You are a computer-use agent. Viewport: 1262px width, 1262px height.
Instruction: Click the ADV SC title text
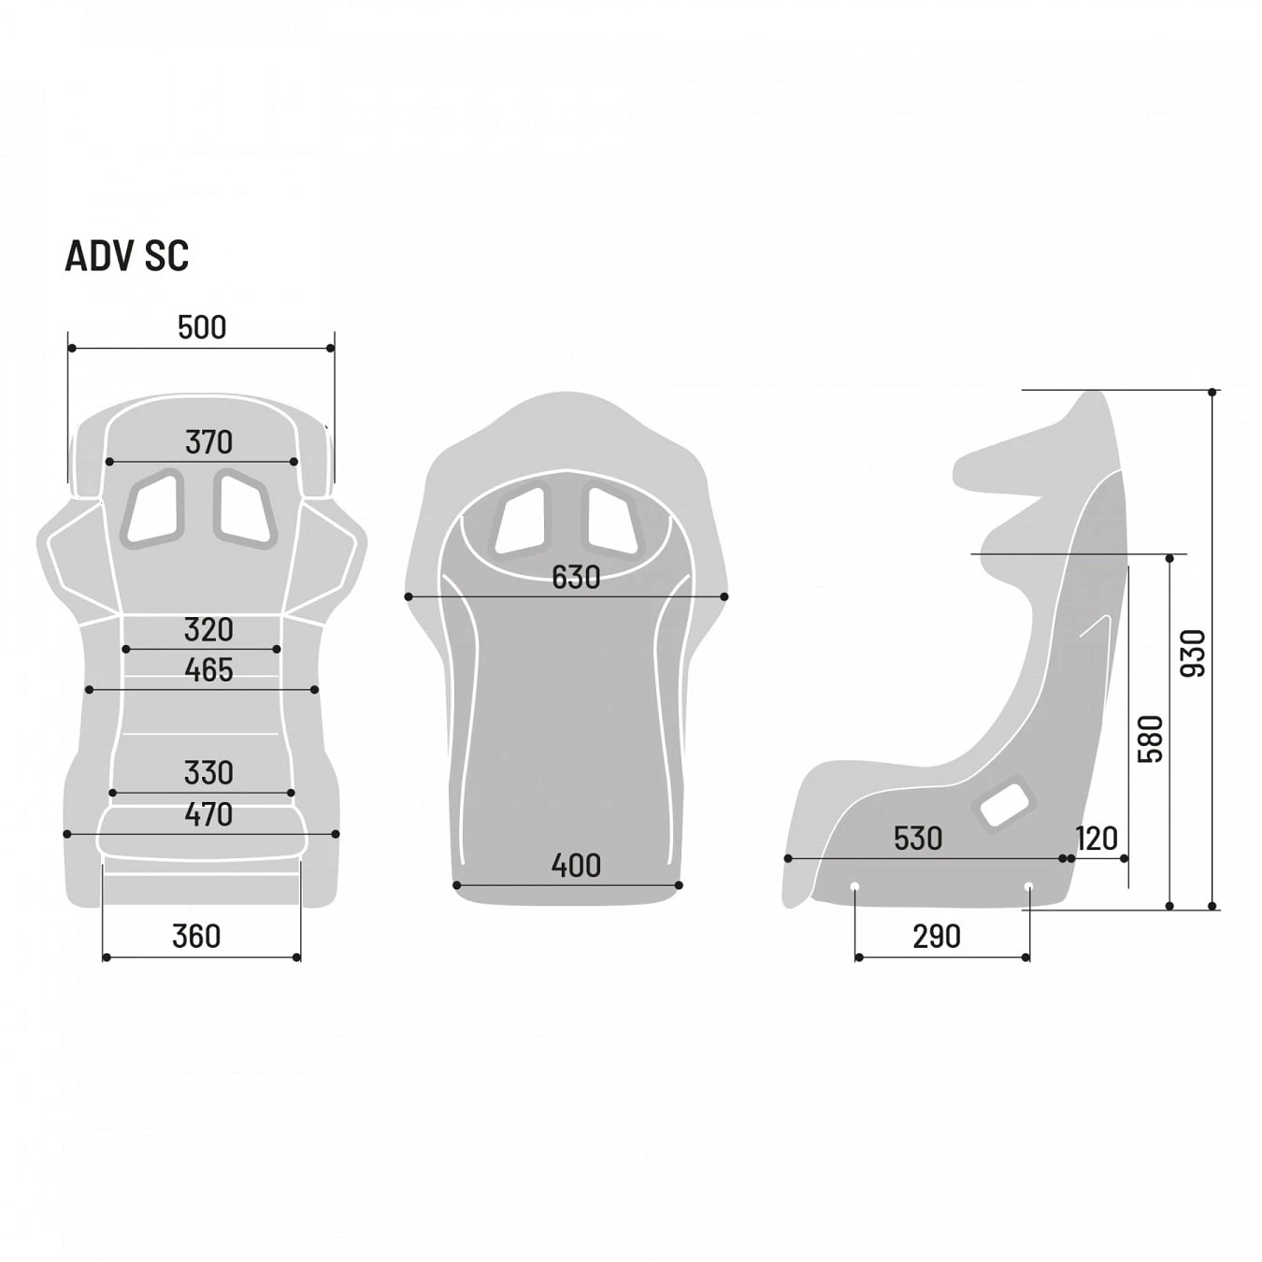point(126,256)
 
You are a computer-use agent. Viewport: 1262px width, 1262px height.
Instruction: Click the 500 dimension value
point(202,327)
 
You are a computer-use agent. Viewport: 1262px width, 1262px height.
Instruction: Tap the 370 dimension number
point(208,441)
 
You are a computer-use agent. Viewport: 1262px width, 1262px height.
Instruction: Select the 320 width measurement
point(208,629)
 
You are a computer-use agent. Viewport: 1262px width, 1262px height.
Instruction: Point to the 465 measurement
point(208,669)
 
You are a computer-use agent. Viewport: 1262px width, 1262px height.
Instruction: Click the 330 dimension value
point(208,772)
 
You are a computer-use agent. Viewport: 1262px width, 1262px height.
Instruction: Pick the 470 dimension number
point(208,814)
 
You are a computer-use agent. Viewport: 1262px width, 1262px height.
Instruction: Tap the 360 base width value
point(196,936)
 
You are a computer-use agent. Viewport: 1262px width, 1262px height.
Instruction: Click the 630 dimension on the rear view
point(575,577)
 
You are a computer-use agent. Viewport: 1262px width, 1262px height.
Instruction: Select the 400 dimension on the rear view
point(575,865)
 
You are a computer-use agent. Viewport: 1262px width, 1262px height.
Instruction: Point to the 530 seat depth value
point(917,838)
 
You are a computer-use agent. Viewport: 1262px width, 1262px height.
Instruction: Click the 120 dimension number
point(1096,838)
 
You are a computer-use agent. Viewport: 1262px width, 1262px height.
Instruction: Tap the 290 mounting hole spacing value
point(936,936)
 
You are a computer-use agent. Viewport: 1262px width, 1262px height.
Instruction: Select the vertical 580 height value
point(1151,739)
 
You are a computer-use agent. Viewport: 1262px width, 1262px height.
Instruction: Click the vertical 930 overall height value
point(1193,653)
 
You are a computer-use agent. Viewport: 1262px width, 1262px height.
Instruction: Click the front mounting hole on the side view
point(854,886)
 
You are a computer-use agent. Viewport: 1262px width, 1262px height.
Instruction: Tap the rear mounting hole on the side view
point(1028,886)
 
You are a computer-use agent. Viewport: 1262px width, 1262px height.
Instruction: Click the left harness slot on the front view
point(153,508)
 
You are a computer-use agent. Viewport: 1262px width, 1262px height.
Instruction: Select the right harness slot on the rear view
point(611,520)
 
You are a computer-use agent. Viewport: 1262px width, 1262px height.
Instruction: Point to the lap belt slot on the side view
point(1004,804)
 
